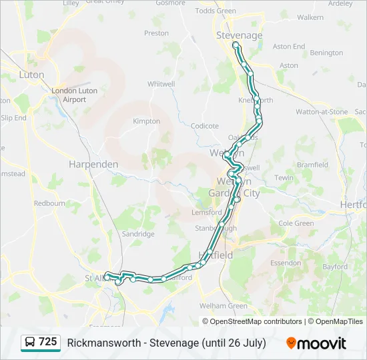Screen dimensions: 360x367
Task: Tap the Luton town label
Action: pos(31,75)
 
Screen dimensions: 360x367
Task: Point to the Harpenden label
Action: pos(93,164)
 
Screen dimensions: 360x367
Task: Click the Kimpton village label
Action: pos(147,121)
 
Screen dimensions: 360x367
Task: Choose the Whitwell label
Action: pos(161,84)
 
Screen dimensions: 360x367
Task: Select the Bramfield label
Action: pos(312,165)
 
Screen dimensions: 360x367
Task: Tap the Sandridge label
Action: pos(138,234)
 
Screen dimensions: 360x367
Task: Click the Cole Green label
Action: pos(296,224)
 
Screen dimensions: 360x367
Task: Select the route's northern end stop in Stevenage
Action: pos(235,45)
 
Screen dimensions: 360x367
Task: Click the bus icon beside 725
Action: pos(29,343)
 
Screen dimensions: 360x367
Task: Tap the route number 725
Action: pos(48,342)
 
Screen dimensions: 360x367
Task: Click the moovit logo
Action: pos(316,343)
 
